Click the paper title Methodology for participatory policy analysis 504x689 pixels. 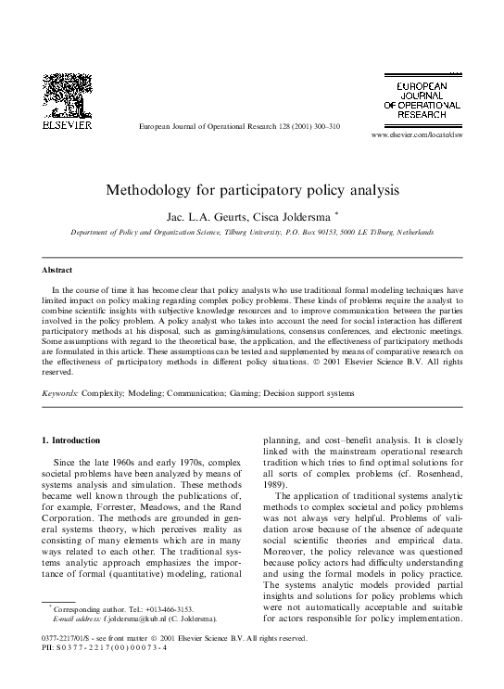click(252, 193)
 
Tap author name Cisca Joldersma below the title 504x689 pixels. click(296, 215)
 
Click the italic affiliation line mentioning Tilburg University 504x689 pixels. click(252, 232)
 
